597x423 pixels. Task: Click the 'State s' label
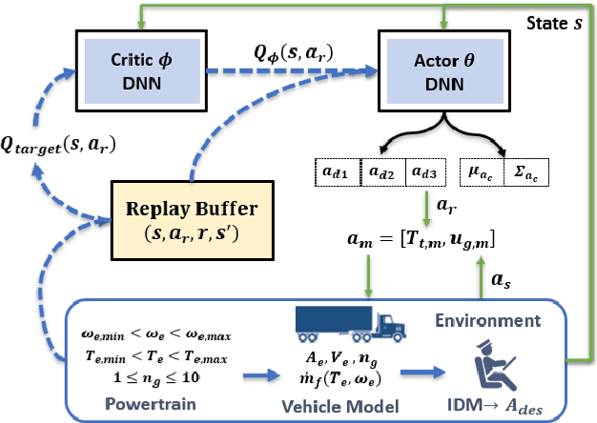tap(560, 19)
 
